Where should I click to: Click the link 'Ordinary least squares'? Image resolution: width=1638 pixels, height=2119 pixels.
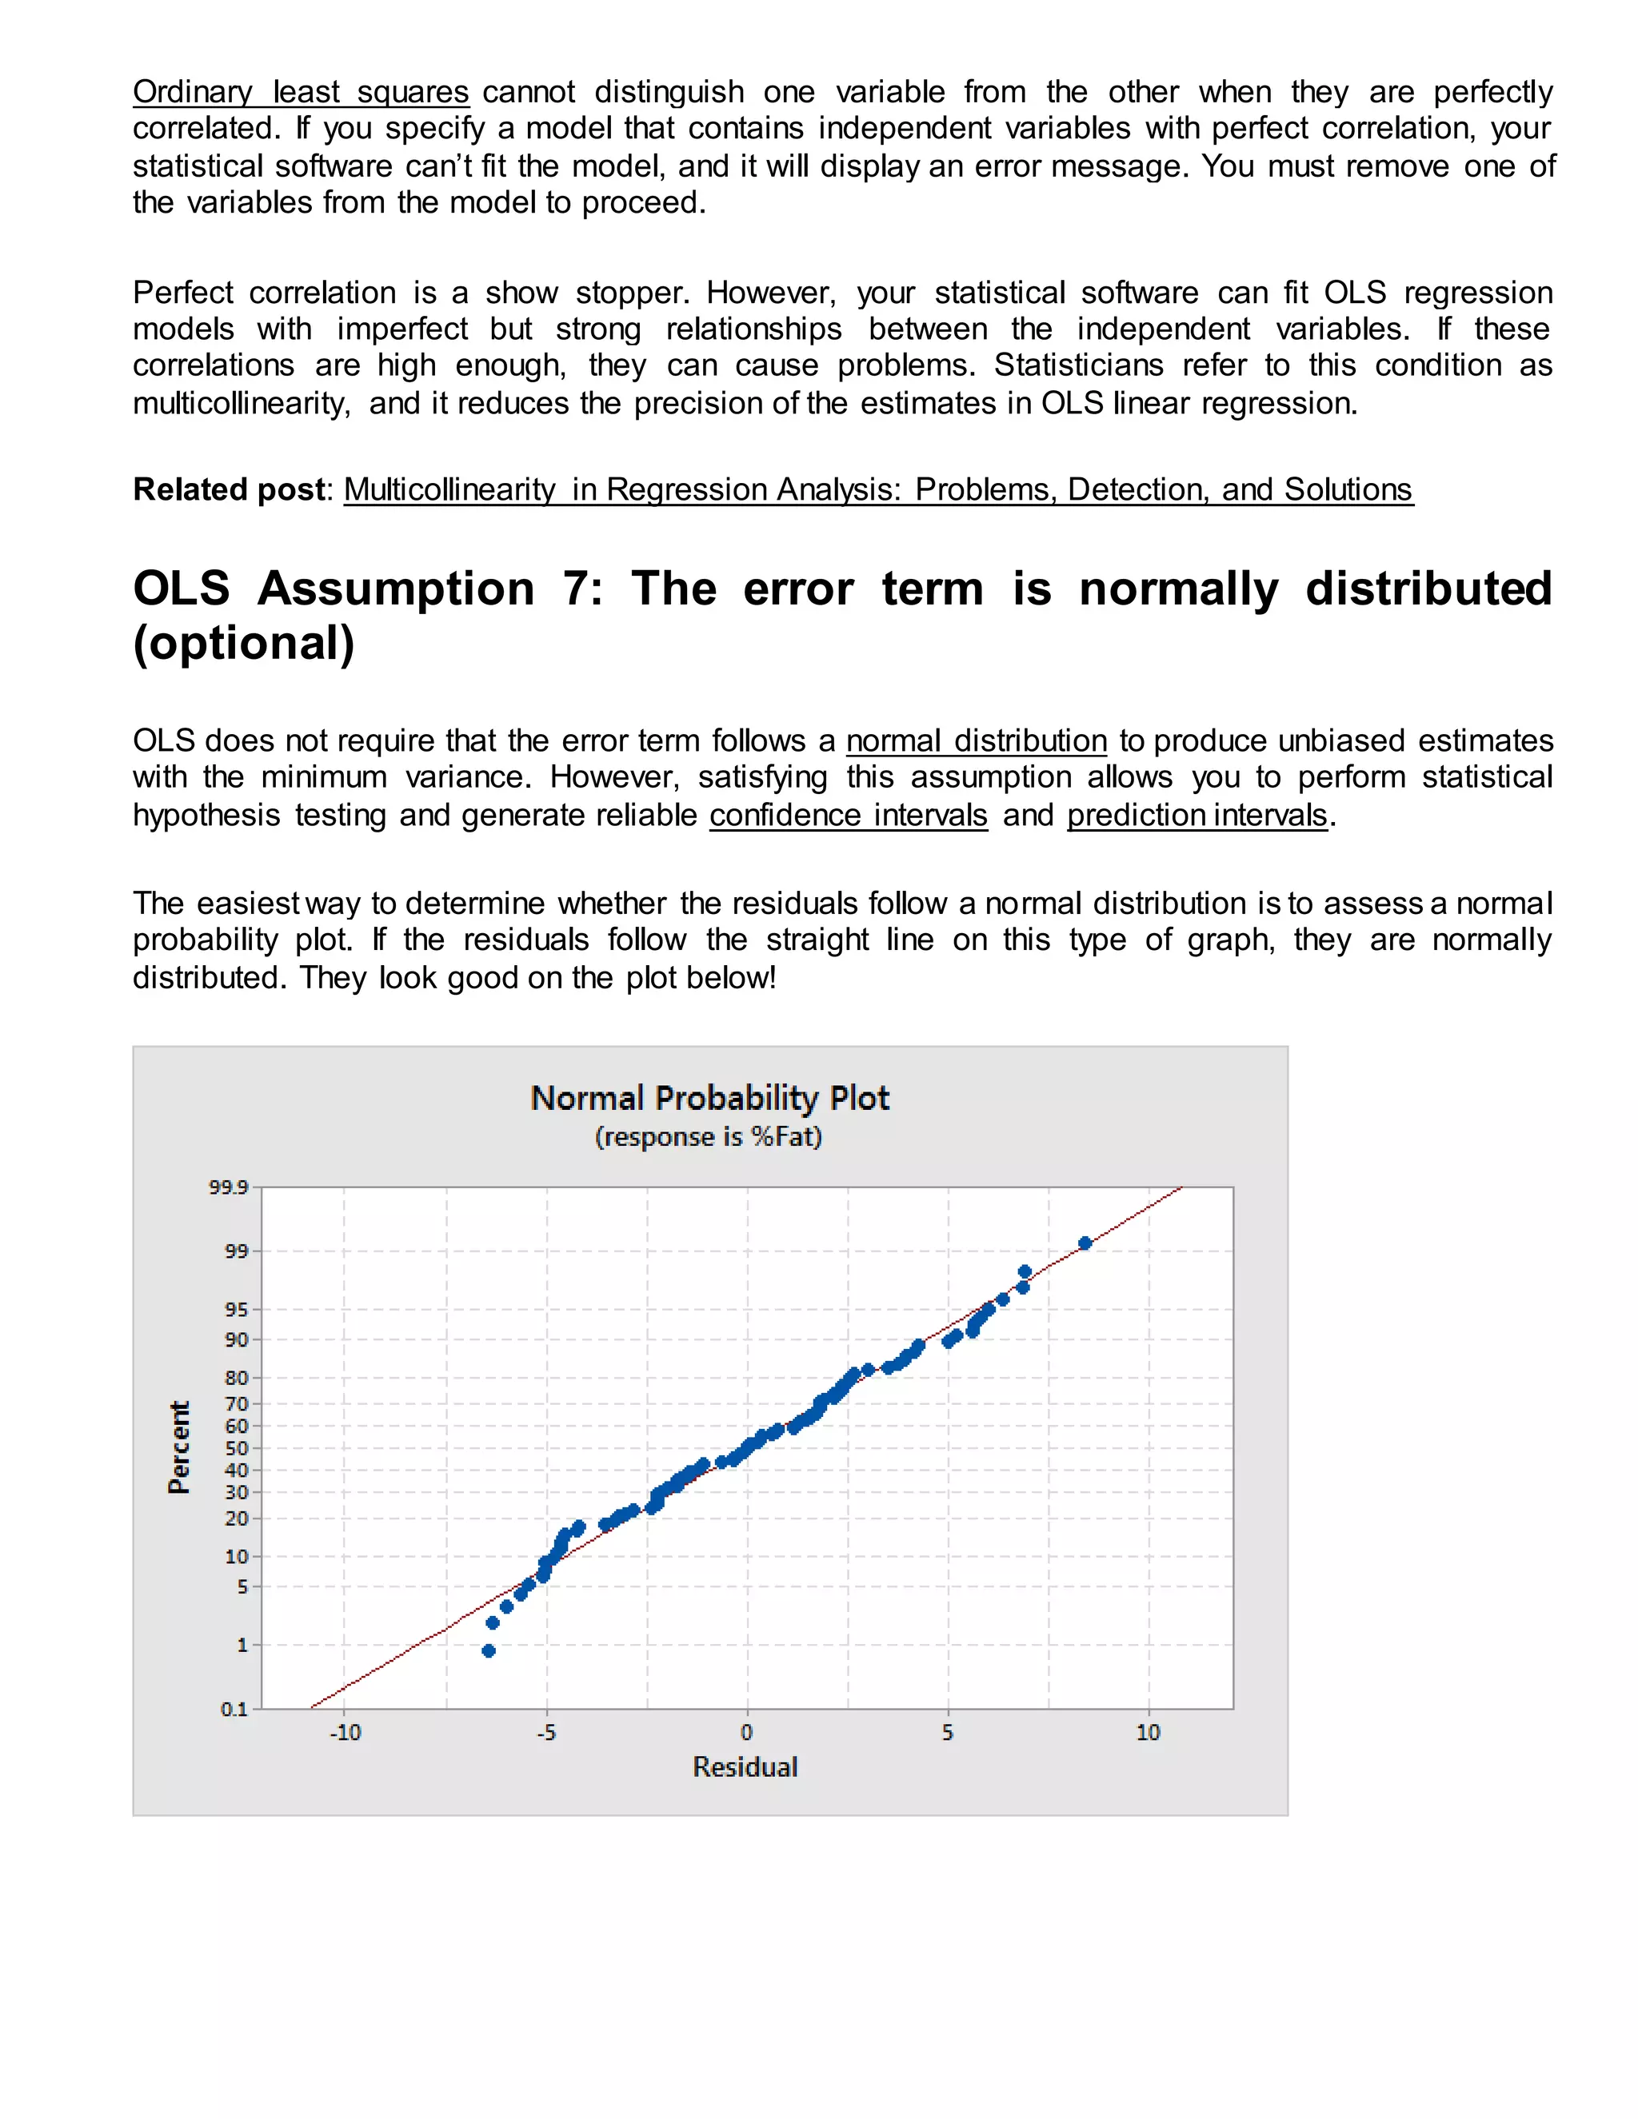(x=301, y=92)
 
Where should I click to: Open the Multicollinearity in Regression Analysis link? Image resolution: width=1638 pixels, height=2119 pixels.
(x=878, y=490)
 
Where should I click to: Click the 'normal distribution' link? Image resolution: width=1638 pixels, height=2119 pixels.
(x=977, y=741)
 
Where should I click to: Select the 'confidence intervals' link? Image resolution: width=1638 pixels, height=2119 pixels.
(x=848, y=816)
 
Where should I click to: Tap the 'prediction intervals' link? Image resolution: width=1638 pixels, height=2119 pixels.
(x=1197, y=816)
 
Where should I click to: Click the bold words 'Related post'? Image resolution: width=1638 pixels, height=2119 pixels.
(x=228, y=490)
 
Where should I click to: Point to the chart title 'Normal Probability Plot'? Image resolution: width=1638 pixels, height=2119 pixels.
(x=709, y=1099)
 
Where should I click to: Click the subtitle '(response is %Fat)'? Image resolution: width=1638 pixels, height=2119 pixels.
(x=709, y=1137)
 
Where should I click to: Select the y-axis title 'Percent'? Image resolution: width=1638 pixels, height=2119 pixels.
(x=178, y=1447)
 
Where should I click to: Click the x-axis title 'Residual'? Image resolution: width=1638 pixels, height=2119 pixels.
(x=745, y=1767)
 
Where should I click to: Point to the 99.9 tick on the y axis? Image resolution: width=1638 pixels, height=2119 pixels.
(x=228, y=1187)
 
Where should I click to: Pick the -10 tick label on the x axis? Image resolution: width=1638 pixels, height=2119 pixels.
(x=345, y=1733)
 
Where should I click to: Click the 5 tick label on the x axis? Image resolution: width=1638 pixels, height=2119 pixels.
(x=948, y=1733)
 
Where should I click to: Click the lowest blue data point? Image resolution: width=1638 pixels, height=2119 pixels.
(x=488, y=1651)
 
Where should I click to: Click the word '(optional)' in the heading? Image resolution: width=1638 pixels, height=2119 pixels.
(x=244, y=643)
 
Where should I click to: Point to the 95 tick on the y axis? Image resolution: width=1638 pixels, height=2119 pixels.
(x=237, y=1310)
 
